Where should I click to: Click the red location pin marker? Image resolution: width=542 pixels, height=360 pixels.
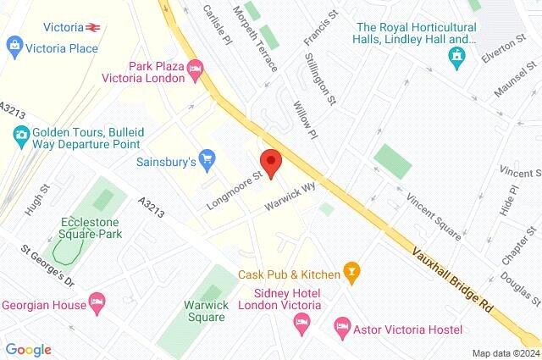(x=270, y=162)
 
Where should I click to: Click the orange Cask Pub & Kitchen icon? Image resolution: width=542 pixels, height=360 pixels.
(x=351, y=273)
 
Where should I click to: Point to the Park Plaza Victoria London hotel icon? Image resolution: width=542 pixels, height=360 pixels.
(x=196, y=68)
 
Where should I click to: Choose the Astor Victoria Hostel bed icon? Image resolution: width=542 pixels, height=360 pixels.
(x=342, y=325)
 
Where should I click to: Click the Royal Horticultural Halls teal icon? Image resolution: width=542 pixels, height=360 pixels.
(x=458, y=56)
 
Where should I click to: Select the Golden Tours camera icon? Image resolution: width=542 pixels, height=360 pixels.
(x=20, y=134)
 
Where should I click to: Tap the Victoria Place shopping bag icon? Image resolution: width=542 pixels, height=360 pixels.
(x=13, y=43)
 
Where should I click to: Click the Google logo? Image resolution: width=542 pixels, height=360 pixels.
(x=29, y=349)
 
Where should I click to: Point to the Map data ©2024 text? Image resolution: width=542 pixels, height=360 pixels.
(x=506, y=352)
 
